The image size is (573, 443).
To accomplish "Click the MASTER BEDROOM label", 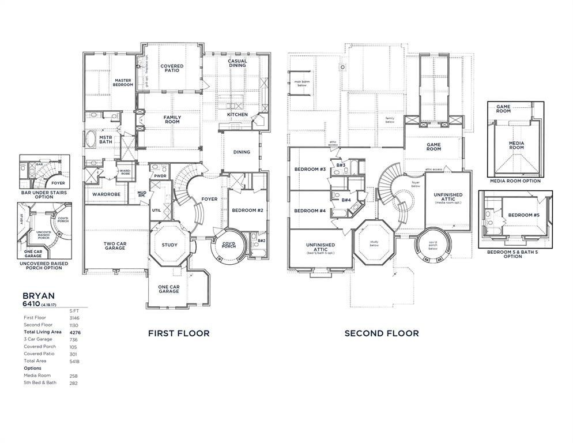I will tap(123, 82).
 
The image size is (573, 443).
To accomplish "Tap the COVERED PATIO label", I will tap(172, 68).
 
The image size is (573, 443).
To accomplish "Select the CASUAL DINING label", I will tap(237, 63).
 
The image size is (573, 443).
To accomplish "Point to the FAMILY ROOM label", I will tap(172, 119).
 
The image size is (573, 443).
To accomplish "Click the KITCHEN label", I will tap(237, 115).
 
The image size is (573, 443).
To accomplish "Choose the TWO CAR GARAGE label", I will tap(115, 246).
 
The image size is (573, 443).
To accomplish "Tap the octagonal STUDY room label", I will tap(169, 245).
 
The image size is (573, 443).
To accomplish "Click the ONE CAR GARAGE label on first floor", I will tap(168, 289).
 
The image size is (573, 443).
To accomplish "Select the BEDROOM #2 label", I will tap(247, 211).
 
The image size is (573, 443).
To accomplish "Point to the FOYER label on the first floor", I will tap(209, 200).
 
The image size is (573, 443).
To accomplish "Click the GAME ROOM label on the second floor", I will tap(433, 147).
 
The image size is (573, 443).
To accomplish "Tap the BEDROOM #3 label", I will tap(310, 170).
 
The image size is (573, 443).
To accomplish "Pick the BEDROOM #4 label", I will tap(310, 211).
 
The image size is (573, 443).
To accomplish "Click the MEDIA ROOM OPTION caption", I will tap(515, 181).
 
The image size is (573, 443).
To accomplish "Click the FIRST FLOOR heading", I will tap(179, 333).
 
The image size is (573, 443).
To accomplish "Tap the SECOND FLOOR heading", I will tap(382, 333).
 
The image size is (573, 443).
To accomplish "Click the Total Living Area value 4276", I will tap(74, 332).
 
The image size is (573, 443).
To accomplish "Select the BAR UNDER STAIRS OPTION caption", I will tap(45, 194).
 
